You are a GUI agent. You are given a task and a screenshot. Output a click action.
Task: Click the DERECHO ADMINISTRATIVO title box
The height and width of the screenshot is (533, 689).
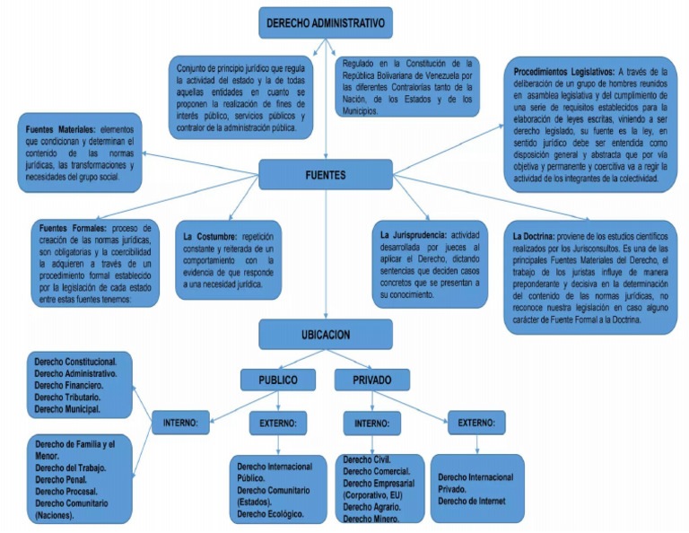[325, 22]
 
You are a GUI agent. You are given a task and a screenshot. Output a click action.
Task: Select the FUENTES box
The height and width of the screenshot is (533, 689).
[324, 176]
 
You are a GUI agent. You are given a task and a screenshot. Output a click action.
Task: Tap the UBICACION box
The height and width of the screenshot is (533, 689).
[326, 335]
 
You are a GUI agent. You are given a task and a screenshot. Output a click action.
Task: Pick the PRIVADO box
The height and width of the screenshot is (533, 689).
[371, 380]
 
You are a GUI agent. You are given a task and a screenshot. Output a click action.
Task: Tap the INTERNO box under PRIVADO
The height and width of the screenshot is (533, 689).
[371, 421]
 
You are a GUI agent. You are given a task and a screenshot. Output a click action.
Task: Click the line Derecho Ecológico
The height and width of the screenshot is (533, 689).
[270, 514]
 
